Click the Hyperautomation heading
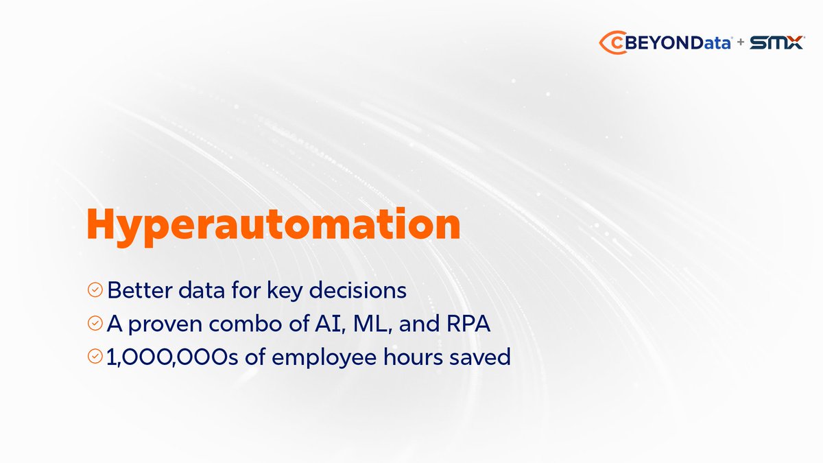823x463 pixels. (272, 225)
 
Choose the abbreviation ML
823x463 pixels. (373, 324)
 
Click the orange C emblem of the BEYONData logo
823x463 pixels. (608, 43)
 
